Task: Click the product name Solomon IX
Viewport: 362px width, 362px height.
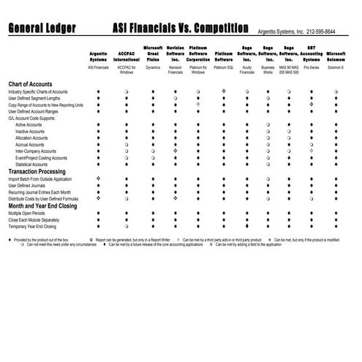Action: click(336, 67)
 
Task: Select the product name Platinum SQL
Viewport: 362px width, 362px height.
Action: click(224, 67)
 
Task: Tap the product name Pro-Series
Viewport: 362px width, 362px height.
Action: click(312, 67)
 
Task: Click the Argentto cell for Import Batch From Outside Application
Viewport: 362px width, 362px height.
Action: click(98, 178)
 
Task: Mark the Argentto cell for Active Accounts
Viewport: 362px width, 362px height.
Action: click(98, 124)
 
